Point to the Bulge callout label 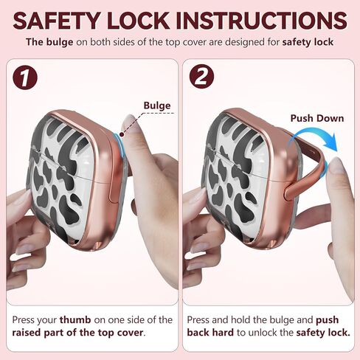click(156, 105)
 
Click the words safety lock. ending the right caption click(322, 333)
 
